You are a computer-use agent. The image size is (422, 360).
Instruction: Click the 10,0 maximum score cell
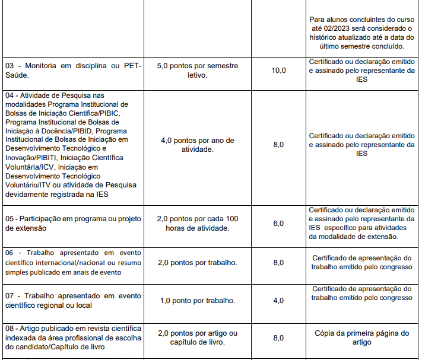278,71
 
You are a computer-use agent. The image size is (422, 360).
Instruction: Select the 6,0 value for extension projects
278,224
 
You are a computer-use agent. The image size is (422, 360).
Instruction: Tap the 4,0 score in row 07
278,301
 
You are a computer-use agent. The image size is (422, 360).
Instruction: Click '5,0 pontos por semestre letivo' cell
198,71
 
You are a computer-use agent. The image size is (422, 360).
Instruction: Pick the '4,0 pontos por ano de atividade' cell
198,145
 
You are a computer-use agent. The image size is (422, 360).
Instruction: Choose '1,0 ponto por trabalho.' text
198,301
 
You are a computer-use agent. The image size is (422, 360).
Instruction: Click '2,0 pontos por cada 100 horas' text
198,224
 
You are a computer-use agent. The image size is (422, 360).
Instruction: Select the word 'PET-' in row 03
132,66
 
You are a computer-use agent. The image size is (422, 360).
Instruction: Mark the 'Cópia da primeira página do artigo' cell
361,337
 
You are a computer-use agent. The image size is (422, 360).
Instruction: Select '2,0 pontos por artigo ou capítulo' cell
198,337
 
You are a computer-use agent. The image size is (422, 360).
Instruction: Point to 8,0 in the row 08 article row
278,337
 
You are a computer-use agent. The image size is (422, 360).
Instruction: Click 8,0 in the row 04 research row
278,145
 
